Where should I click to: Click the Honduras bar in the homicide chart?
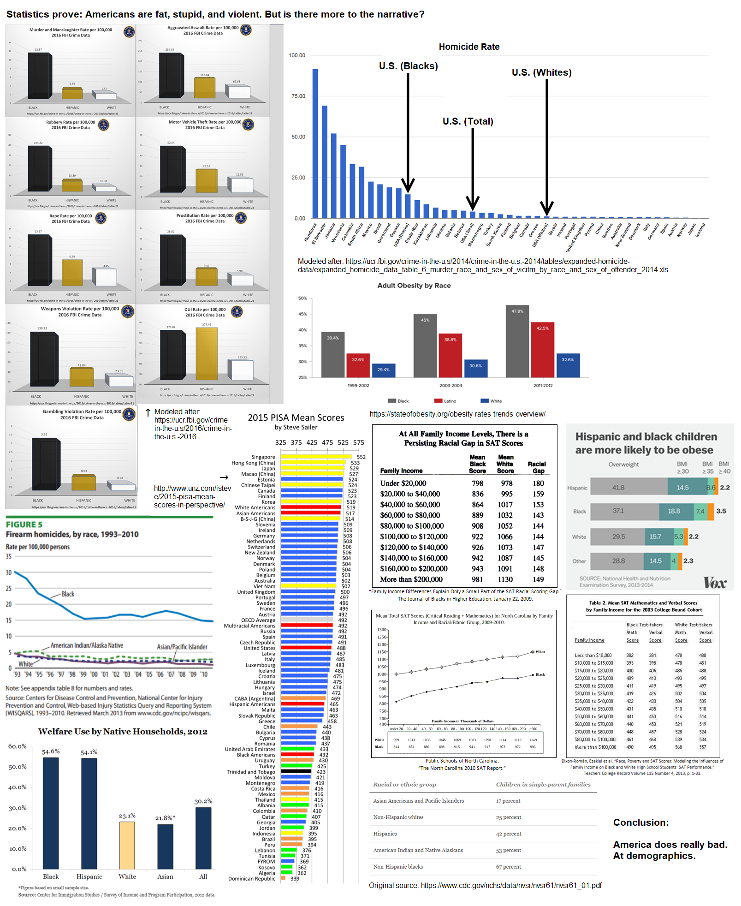(x=315, y=143)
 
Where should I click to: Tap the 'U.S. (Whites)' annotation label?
(x=541, y=72)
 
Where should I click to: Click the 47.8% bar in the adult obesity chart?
(x=517, y=341)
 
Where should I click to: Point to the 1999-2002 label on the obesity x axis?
(x=358, y=386)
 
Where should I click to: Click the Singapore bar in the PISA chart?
(x=318, y=457)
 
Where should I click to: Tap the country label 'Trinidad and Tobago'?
(x=251, y=772)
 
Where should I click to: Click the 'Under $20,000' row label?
(x=403, y=483)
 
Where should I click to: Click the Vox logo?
(x=715, y=583)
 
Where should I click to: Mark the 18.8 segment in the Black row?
(x=674, y=511)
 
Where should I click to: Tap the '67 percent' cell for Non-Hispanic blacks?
(x=509, y=867)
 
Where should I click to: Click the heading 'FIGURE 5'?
(x=24, y=525)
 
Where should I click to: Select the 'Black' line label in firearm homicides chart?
(x=68, y=594)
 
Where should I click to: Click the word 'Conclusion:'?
(x=640, y=823)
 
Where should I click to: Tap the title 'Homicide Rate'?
(x=469, y=47)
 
